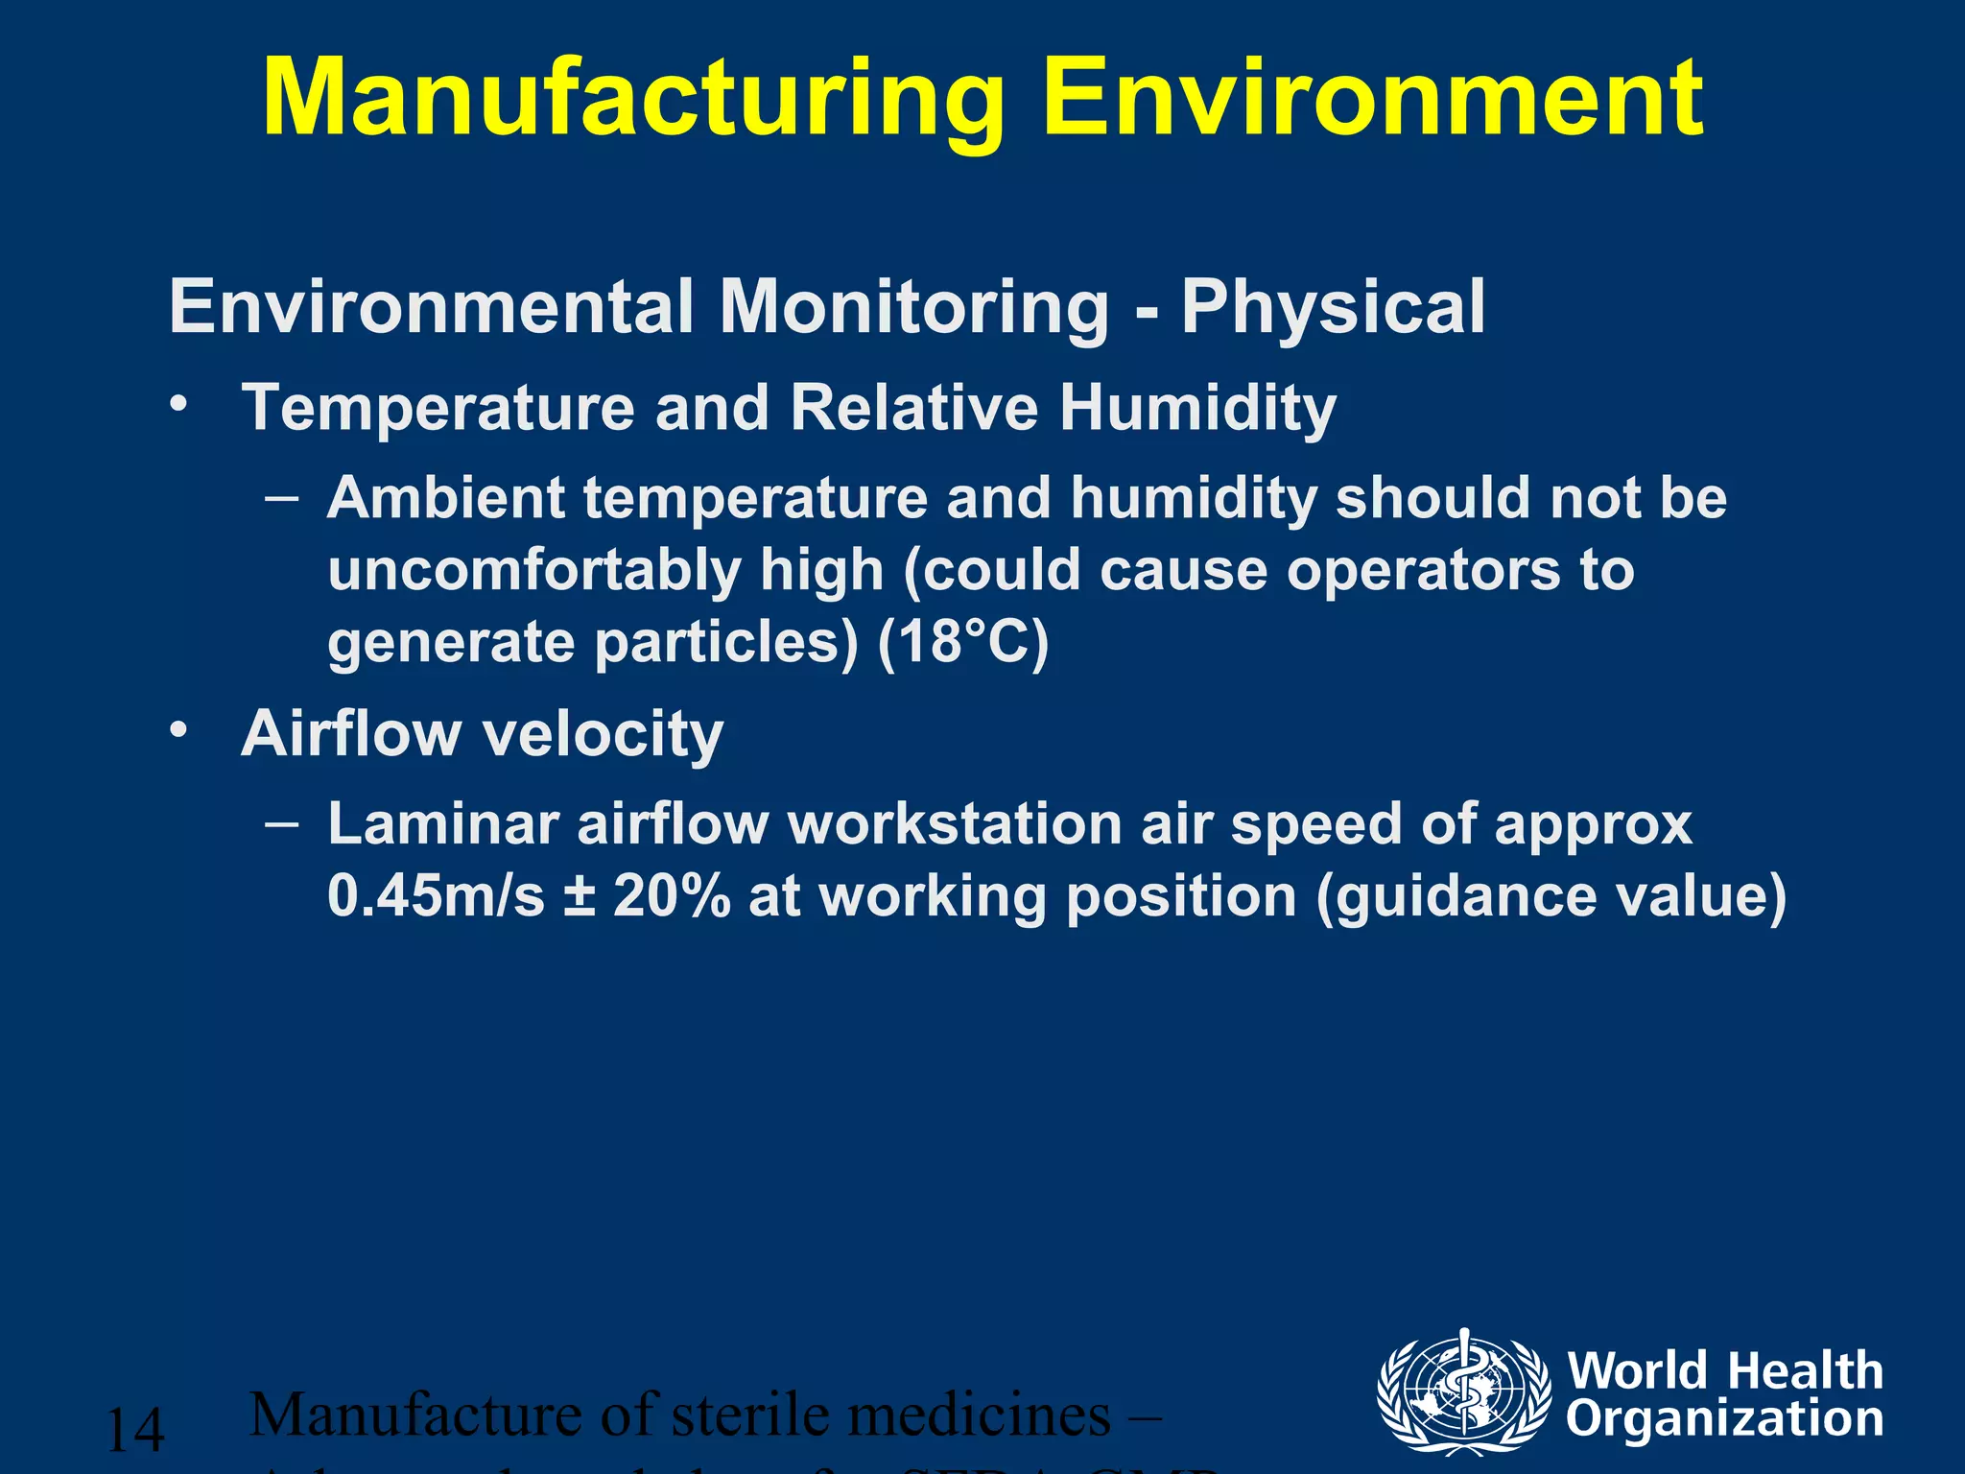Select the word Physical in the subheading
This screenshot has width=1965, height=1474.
click(x=1333, y=307)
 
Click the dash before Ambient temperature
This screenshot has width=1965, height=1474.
click(x=282, y=498)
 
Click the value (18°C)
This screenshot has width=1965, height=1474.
click(x=963, y=641)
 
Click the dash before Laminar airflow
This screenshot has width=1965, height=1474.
click(x=282, y=823)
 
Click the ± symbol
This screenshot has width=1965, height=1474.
click(x=579, y=897)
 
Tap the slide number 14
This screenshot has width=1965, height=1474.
click(x=135, y=1430)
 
